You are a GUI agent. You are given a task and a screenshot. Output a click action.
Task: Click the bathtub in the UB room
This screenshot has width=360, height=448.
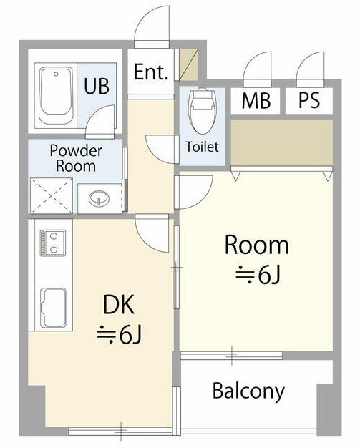click(56, 96)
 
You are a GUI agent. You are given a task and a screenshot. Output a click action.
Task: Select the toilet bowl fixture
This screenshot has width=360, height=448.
click(202, 111)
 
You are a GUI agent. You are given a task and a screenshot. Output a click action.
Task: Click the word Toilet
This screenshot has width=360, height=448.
click(202, 147)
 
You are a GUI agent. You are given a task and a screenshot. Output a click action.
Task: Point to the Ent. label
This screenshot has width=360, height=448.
click(151, 72)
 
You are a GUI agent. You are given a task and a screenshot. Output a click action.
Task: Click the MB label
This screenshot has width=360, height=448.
click(256, 100)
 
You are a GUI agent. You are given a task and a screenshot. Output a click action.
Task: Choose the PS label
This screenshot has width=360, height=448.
click(309, 100)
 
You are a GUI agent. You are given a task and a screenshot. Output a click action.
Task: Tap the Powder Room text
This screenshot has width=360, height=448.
click(76, 158)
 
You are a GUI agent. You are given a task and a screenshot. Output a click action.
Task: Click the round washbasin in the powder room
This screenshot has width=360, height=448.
click(99, 198)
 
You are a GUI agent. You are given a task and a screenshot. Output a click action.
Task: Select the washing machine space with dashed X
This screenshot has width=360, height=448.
click(52, 195)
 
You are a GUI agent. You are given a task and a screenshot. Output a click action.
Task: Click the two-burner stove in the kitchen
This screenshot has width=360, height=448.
click(52, 243)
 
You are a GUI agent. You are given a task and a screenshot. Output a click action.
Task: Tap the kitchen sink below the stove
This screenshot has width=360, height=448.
click(53, 308)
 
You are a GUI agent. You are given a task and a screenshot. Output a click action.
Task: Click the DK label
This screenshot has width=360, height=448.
click(118, 305)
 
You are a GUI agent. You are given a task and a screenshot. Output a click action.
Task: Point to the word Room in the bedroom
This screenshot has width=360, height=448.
click(257, 245)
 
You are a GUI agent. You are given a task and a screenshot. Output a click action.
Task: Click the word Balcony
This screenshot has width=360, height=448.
click(248, 391)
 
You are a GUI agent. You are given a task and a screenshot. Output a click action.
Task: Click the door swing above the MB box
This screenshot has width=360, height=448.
click(257, 69)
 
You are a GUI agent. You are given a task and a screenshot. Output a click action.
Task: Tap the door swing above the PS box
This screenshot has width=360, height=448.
click(311, 69)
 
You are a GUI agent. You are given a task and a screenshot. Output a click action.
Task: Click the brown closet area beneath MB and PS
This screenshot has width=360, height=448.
click(282, 142)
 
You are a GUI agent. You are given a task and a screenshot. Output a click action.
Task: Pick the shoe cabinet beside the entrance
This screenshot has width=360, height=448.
click(188, 65)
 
